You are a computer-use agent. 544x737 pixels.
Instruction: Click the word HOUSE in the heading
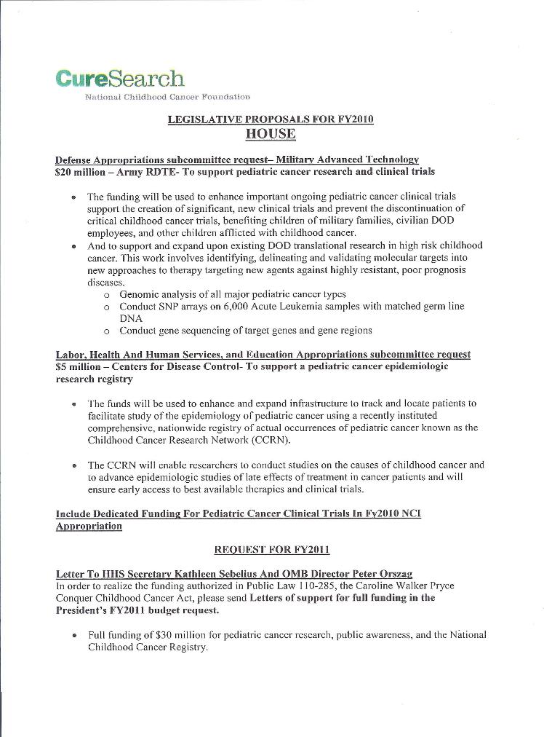click(x=271, y=134)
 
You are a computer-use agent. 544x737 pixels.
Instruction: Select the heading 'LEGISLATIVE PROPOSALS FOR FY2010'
click(x=271, y=119)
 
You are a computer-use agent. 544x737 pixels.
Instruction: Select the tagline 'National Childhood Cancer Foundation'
click(x=167, y=97)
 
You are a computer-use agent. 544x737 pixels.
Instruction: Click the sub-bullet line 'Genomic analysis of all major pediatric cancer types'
click(x=232, y=294)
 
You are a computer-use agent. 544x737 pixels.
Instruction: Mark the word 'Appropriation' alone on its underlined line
click(x=89, y=526)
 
